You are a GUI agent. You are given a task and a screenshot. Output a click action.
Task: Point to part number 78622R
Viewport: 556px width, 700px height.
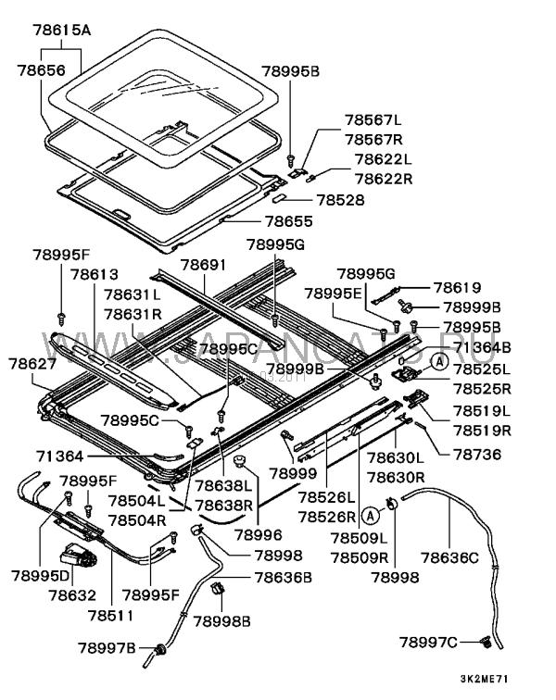tap(379, 178)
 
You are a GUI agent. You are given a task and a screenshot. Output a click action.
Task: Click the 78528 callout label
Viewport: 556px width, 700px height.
tap(341, 199)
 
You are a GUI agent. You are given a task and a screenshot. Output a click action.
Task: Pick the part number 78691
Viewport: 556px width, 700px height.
tap(203, 265)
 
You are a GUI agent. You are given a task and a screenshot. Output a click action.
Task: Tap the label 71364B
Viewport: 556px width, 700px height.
tap(482, 347)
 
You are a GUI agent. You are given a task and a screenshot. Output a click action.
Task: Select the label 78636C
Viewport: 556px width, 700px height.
tap(450, 557)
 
